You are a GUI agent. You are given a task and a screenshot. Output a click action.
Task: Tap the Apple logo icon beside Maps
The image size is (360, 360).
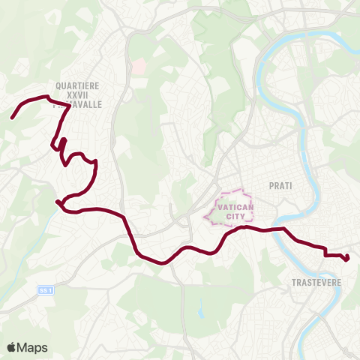coord(11,347)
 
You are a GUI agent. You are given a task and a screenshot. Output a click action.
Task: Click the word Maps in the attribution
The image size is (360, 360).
coord(32,347)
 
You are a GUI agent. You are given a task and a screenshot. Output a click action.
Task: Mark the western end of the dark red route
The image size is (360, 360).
coord(12,118)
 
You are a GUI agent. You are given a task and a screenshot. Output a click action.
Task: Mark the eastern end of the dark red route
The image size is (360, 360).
coord(347,260)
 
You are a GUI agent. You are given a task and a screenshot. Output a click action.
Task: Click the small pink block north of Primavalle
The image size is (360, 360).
coord(138,67)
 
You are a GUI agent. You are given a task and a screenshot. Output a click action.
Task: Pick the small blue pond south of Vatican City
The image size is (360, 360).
coord(199,309)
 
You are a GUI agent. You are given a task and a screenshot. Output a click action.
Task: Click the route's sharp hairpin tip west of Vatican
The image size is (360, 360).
coord(57,201)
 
